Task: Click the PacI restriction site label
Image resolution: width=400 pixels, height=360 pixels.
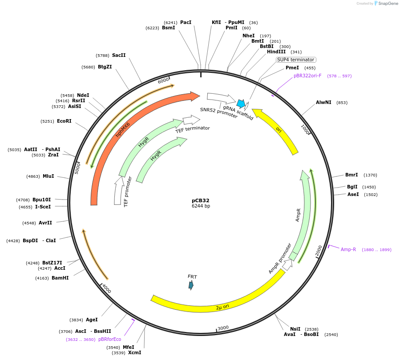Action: (x=186, y=22)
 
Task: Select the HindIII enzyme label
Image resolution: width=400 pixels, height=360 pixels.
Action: (x=276, y=52)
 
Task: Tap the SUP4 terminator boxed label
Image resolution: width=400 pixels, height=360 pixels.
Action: (x=296, y=60)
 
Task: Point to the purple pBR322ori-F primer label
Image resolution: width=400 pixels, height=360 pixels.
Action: (x=307, y=76)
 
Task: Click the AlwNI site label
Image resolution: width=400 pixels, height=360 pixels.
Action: (x=323, y=102)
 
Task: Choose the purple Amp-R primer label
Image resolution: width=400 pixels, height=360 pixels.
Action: (x=348, y=249)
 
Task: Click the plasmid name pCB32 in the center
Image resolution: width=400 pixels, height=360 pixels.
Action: (x=201, y=200)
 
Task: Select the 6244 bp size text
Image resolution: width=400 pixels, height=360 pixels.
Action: (x=201, y=206)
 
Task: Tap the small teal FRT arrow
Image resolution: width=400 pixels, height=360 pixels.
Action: (x=191, y=285)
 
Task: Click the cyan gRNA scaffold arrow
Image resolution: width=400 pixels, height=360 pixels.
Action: (x=241, y=104)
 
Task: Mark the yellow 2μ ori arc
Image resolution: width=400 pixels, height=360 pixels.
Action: (x=222, y=299)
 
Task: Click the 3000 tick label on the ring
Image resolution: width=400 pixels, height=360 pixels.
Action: (x=223, y=328)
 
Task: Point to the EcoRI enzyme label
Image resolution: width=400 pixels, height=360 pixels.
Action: (x=64, y=121)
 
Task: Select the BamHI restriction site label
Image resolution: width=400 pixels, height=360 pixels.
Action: (x=60, y=278)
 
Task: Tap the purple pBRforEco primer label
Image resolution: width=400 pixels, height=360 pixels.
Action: (x=109, y=339)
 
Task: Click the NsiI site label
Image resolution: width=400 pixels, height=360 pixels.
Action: (x=295, y=329)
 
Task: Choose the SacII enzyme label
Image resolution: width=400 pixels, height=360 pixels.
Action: (x=119, y=55)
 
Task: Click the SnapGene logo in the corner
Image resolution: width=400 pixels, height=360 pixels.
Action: (x=386, y=4)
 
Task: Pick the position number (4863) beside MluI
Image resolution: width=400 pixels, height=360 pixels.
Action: (x=33, y=176)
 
